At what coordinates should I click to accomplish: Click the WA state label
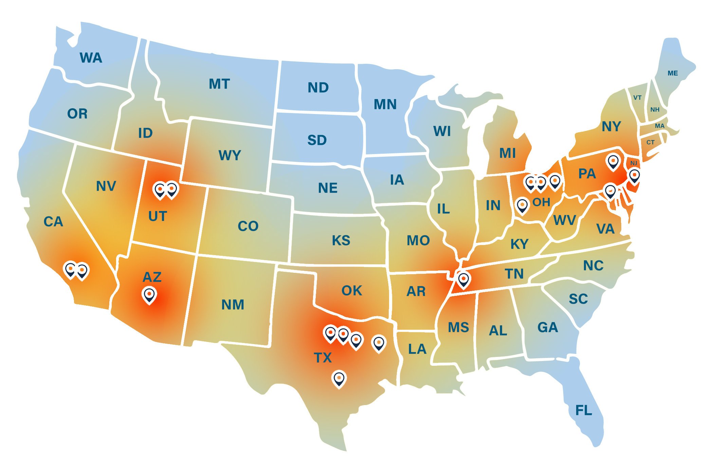pyautogui.click(x=91, y=58)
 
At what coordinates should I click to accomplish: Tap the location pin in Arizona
pyautogui.click(x=149, y=294)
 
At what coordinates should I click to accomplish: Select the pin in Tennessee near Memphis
pyautogui.click(x=463, y=280)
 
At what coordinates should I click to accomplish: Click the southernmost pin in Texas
pyautogui.click(x=339, y=379)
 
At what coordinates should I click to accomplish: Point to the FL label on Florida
pyautogui.click(x=583, y=411)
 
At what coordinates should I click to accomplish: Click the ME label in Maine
pyautogui.click(x=672, y=73)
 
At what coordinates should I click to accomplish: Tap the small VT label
pyautogui.click(x=637, y=98)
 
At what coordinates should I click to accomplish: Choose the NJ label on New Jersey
pyautogui.click(x=634, y=163)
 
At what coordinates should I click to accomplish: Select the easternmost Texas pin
pyautogui.click(x=379, y=343)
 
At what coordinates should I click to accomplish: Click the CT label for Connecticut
pyautogui.click(x=650, y=142)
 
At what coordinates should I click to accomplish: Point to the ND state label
pyautogui.click(x=318, y=88)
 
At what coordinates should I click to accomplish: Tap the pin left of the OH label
pyautogui.click(x=522, y=206)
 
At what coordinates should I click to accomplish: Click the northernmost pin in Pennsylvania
pyautogui.click(x=613, y=161)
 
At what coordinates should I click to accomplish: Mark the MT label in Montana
pyautogui.click(x=219, y=84)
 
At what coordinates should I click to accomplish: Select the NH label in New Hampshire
pyautogui.click(x=655, y=110)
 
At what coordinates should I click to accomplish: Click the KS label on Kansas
pyautogui.click(x=341, y=240)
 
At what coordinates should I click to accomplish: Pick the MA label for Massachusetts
pyautogui.click(x=659, y=126)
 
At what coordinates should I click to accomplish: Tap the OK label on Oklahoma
pyautogui.click(x=351, y=290)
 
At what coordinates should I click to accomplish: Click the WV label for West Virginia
pyautogui.click(x=564, y=220)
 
